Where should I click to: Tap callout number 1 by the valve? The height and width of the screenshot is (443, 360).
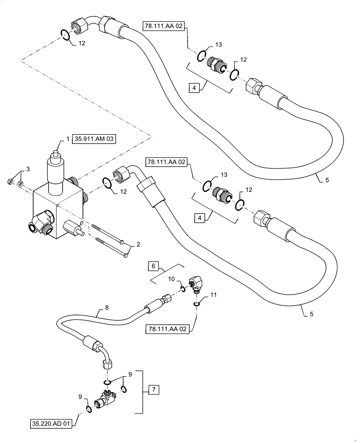pos(68,139)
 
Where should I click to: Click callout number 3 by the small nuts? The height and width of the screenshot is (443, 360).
pos(28,169)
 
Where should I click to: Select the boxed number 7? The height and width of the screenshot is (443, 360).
pos(152,390)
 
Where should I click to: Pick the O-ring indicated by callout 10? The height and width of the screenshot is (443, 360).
pos(182,289)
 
